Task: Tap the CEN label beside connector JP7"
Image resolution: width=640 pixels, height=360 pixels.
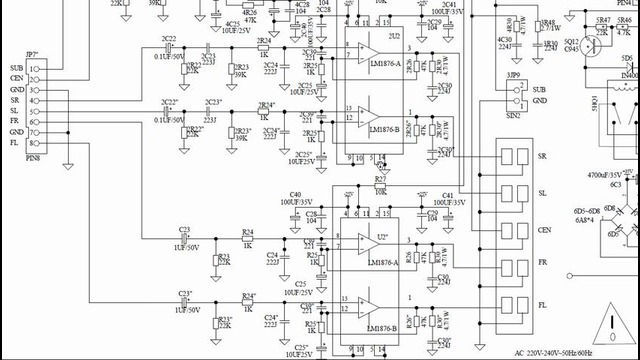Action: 17,78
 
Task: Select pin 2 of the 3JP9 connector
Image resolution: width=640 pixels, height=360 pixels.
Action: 519,100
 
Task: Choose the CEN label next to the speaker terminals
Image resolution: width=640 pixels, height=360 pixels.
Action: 545,230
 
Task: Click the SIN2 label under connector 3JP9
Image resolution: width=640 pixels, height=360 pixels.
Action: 514,116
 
